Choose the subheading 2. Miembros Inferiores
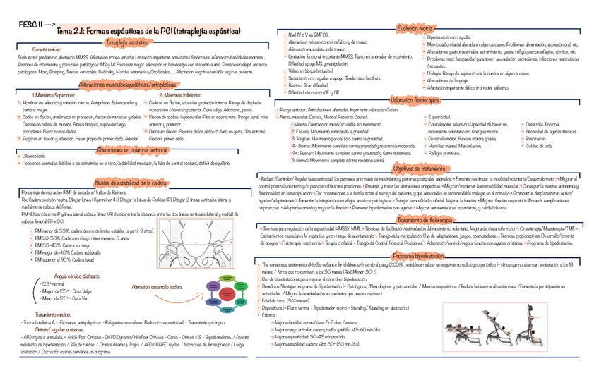point(184,94)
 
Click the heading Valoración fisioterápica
point(415,101)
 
